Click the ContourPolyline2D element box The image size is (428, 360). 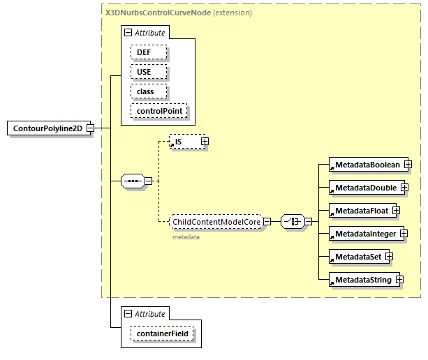pos(47,128)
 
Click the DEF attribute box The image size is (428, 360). pos(143,52)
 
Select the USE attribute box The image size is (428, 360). pos(143,72)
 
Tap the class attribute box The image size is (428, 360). pos(145,91)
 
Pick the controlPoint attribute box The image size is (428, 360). pos(159,111)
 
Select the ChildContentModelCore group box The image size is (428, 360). pos(216,222)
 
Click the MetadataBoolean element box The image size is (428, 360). pos(366,165)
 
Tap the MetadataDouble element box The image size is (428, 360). pos(364,188)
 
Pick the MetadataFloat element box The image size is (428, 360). pos(360,210)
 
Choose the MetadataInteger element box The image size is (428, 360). pos(364,233)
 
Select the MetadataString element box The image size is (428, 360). pos(362,280)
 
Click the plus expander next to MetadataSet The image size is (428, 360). pos(390,257)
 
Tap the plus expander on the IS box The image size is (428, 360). pos(205,142)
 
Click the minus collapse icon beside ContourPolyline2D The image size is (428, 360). pos(90,128)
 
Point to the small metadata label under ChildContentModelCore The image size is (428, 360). pos(186,237)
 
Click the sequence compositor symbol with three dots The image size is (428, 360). pos(132,181)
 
